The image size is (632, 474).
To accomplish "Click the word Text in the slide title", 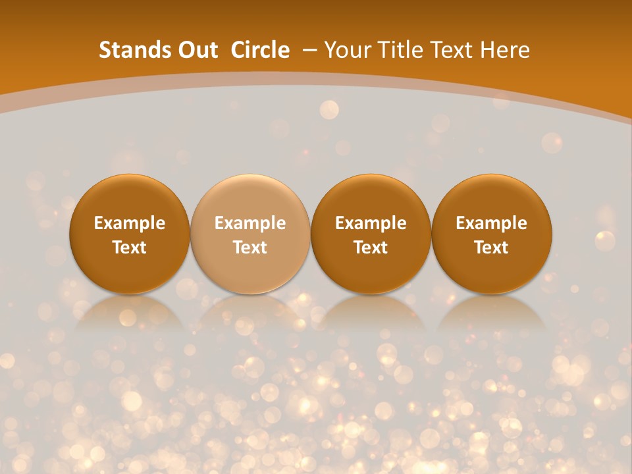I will point(454,50).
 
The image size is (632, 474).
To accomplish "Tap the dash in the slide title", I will point(308,50).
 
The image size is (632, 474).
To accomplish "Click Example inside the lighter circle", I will point(250,223).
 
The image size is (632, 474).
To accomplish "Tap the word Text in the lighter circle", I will point(250,248).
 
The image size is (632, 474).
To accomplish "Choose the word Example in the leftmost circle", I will point(130,223).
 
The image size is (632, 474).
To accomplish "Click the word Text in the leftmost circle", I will point(130,248).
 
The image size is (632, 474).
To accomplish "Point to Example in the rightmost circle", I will point(492,223).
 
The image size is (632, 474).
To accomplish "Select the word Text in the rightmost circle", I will point(492,248).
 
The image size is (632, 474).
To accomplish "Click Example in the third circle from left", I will point(371,223).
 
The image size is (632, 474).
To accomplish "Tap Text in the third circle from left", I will point(371,248).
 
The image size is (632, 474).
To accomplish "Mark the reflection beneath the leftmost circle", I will point(130,313).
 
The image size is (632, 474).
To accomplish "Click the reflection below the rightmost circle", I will point(492,313).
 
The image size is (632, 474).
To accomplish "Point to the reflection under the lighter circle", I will point(250,313).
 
